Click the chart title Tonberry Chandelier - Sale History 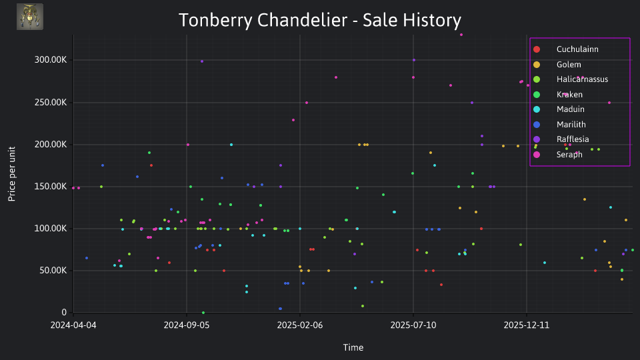point(320,21)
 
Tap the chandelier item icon point(30,17)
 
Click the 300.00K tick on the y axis point(51,60)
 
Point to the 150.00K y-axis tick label point(51,187)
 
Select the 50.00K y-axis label point(53,271)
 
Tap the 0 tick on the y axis point(64,313)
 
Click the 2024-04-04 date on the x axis point(73,325)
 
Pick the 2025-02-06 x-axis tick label point(300,325)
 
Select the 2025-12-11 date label point(527,325)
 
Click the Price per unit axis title point(12,174)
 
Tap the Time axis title point(353,347)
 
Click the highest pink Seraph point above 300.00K point(461,35)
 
